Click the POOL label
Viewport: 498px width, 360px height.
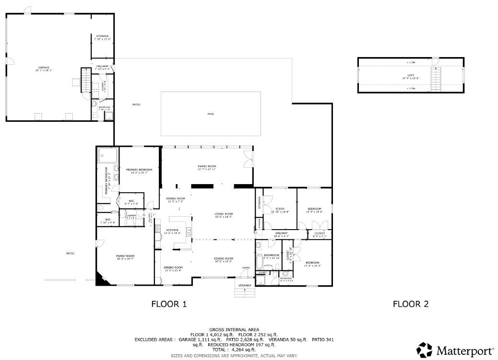(211, 114)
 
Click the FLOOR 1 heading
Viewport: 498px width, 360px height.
(169, 303)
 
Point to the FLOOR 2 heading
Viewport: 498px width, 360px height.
(410, 303)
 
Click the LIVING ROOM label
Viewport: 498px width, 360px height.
(224, 215)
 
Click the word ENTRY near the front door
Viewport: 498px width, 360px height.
(246, 267)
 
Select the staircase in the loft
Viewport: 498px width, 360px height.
(436, 79)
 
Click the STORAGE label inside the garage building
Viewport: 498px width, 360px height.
(102, 37)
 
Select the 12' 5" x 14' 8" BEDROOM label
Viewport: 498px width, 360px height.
(315, 210)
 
